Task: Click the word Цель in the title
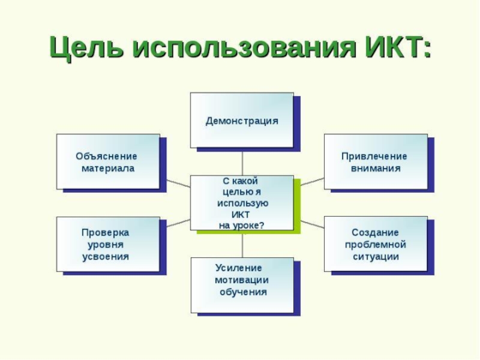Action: (85, 48)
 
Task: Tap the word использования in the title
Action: (240, 48)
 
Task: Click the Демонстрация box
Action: (242, 120)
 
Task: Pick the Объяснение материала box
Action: (108, 161)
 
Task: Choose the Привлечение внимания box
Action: (376, 161)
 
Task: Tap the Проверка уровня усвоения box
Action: (108, 244)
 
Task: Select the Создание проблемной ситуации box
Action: (376, 244)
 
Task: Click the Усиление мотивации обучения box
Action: (242, 285)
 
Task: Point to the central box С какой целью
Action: (242, 203)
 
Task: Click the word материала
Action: (108, 169)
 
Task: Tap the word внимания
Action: (376, 169)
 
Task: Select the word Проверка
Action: (106, 232)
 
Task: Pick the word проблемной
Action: (376, 245)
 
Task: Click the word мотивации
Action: (242, 280)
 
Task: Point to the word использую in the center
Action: (242, 203)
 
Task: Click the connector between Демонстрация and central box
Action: (242, 161)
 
